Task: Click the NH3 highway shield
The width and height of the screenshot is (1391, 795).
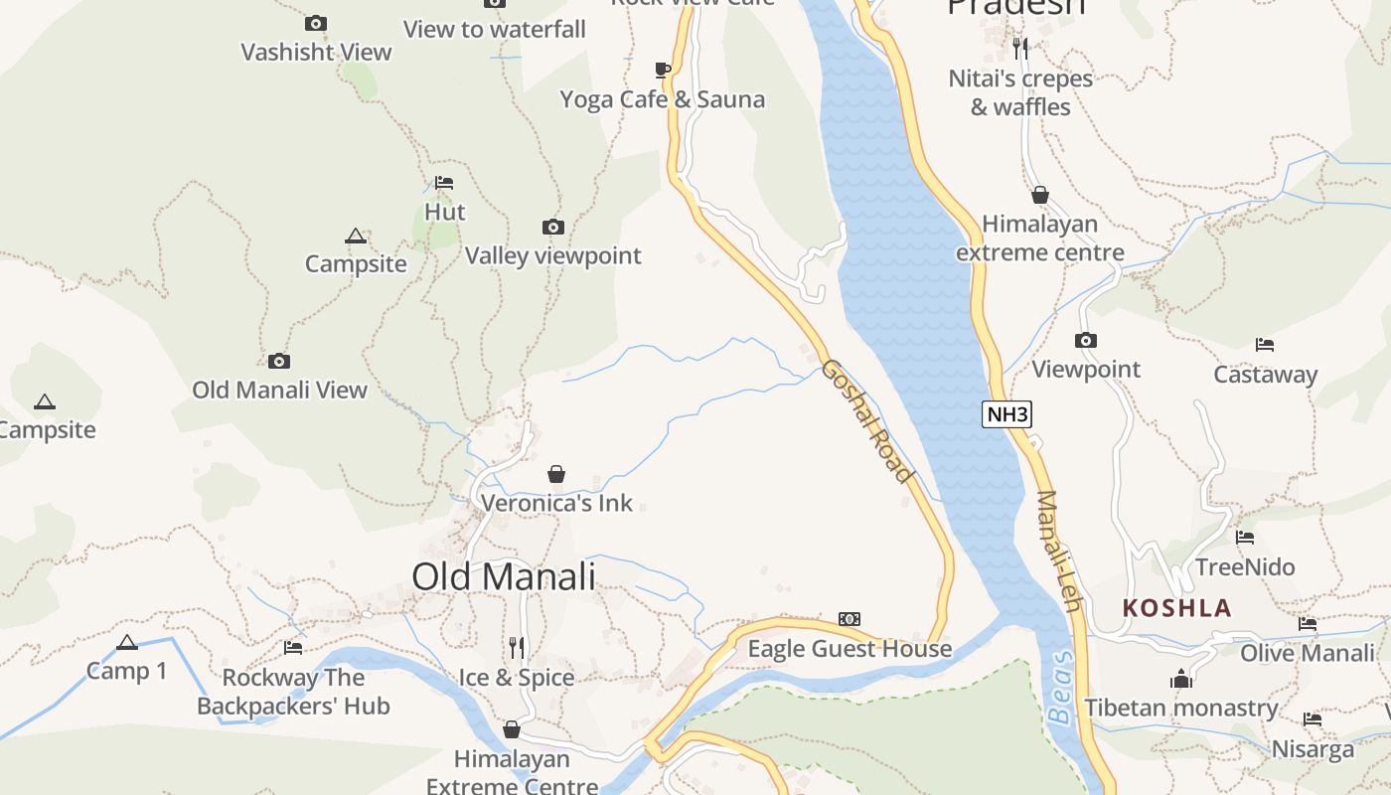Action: pyautogui.click(x=1006, y=414)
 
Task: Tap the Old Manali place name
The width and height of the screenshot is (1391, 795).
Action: pyautogui.click(x=504, y=576)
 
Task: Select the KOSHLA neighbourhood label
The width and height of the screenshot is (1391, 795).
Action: pyautogui.click(x=1176, y=608)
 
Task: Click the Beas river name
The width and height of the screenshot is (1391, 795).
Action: pyautogui.click(x=1061, y=688)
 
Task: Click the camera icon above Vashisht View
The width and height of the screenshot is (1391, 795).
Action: pyautogui.click(x=316, y=23)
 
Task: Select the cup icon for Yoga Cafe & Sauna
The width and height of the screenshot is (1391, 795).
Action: pyautogui.click(x=663, y=70)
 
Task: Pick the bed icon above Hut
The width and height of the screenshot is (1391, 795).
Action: pyautogui.click(x=444, y=183)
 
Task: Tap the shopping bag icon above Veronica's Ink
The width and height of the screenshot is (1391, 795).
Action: pyautogui.click(x=556, y=474)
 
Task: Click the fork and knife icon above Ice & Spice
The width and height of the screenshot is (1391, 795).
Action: pyautogui.click(x=517, y=648)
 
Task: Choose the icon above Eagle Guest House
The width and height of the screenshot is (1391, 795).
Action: pyautogui.click(x=849, y=619)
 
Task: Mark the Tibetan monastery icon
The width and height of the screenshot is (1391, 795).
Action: pyautogui.click(x=1181, y=679)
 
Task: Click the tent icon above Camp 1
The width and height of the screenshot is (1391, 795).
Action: pyautogui.click(x=126, y=642)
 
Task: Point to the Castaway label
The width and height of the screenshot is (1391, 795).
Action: pyautogui.click(x=1265, y=375)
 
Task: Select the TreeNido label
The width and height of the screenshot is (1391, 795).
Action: pyautogui.click(x=1245, y=567)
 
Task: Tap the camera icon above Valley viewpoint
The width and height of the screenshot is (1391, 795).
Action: pyautogui.click(x=553, y=228)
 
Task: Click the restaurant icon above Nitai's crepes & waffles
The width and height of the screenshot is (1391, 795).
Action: pyautogui.click(x=1020, y=48)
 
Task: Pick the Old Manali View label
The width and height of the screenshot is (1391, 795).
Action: pyautogui.click(x=279, y=390)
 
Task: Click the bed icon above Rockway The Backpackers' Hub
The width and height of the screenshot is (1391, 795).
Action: pyautogui.click(x=293, y=648)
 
